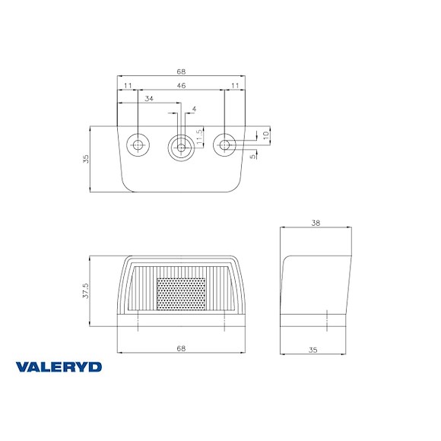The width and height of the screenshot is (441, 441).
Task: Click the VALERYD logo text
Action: [x=59, y=366]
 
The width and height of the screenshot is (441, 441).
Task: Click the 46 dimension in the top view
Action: [x=181, y=87]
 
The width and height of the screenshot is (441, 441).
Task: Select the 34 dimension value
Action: [x=148, y=99]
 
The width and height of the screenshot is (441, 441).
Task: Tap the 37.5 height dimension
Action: [x=87, y=292]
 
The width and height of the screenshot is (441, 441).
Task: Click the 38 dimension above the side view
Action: [x=316, y=223]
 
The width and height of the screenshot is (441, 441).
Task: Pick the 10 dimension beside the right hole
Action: [x=265, y=135]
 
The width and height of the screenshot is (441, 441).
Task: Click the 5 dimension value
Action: [x=252, y=157]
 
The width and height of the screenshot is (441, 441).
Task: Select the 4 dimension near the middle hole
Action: [x=194, y=109]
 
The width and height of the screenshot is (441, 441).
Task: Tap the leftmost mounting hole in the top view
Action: [x=138, y=144]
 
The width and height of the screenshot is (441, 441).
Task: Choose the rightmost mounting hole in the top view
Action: [x=224, y=144]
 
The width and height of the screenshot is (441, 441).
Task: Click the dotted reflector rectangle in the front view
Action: [x=181, y=293]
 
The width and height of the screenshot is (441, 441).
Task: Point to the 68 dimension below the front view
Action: [x=181, y=348]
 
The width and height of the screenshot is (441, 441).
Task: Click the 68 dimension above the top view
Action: [x=181, y=71]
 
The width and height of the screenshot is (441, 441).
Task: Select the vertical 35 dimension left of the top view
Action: [x=86, y=159]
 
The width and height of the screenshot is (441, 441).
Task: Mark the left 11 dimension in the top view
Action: [x=127, y=87]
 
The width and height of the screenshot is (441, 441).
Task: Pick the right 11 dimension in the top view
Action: [x=234, y=87]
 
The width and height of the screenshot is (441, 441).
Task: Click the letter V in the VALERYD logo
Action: [x=22, y=366]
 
